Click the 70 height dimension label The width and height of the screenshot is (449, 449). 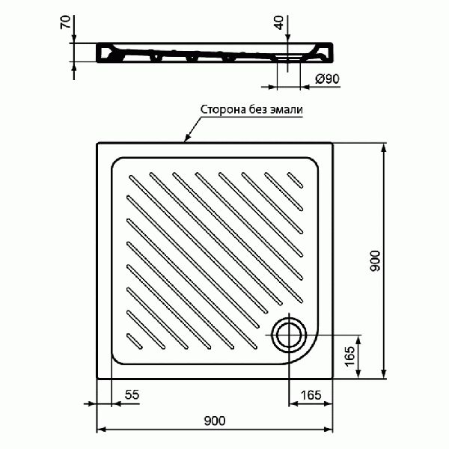point(66,22)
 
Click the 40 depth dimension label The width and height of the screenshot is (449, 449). point(279,22)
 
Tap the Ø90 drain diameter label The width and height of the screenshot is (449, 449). point(328,79)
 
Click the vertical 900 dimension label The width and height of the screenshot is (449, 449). point(375,260)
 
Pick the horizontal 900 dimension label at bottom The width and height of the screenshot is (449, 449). point(215,421)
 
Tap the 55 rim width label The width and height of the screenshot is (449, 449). point(132,394)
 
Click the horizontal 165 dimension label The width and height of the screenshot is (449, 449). point(311,395)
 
